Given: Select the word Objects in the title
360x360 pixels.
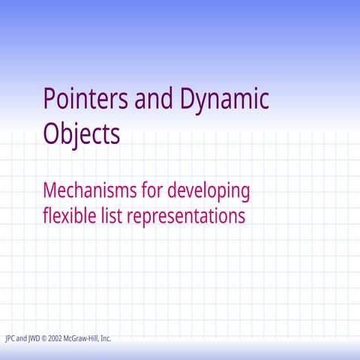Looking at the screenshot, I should coord(81,133).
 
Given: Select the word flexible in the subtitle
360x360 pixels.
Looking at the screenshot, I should coord(68,216).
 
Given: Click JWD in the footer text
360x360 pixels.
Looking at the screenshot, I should coord(34,338).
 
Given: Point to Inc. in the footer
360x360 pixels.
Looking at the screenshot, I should coord(106,338).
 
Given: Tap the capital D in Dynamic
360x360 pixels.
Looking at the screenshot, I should coord(187,99).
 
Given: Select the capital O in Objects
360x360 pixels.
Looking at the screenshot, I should coord(52,133).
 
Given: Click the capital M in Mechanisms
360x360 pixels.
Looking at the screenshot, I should coord(51,190).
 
